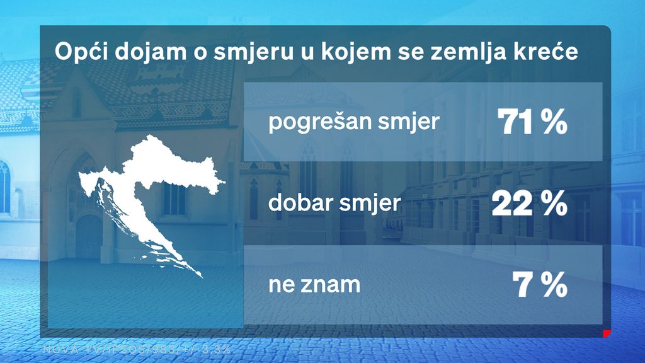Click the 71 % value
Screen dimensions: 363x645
[532, 122]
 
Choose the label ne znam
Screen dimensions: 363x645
[314, 285]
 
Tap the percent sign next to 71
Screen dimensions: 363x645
[555, 122]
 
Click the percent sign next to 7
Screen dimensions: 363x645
[555, 285]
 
